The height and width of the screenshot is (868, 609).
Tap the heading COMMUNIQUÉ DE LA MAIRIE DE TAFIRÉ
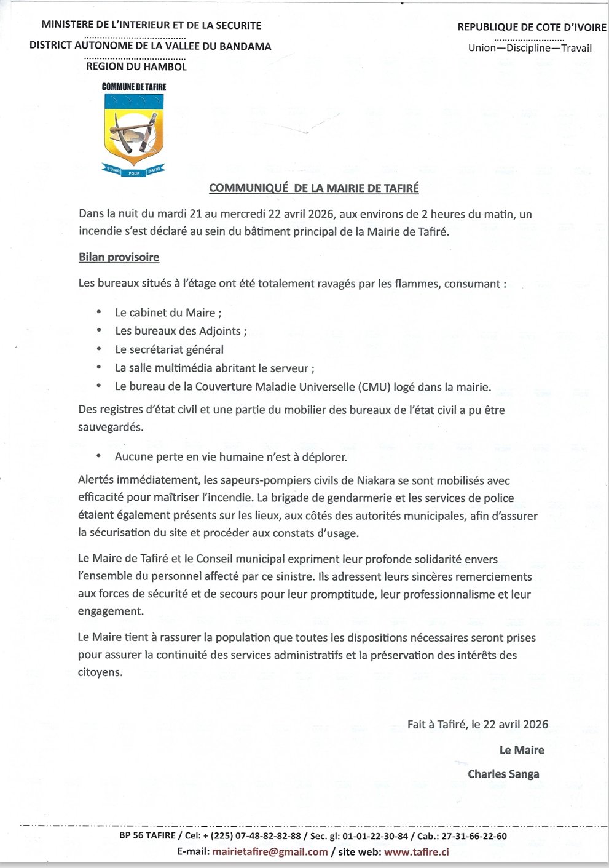[313, 188]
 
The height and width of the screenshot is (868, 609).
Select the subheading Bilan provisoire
[119, 257]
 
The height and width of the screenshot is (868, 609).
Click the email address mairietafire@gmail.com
[270, 852]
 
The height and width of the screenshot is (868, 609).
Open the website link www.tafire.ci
[416, 852]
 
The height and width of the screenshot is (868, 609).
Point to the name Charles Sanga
[503, 774]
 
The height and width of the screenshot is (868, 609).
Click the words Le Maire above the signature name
[522, 750]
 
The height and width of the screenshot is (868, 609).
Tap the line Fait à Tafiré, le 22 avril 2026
[477, 724]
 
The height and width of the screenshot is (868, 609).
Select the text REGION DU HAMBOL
[136, 66]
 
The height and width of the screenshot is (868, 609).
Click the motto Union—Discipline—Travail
[530, 48]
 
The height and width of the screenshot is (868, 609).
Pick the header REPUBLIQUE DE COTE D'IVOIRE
[532, 27]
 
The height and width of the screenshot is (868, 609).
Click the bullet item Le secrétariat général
[169, 349]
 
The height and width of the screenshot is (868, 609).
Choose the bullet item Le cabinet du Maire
[167, 313]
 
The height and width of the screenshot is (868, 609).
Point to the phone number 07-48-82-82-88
[270, 836]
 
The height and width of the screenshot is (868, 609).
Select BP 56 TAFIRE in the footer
[147, 836]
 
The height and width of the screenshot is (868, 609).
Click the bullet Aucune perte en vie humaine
[230, 457]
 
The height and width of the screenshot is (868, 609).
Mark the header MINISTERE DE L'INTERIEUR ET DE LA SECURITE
[151, 25]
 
